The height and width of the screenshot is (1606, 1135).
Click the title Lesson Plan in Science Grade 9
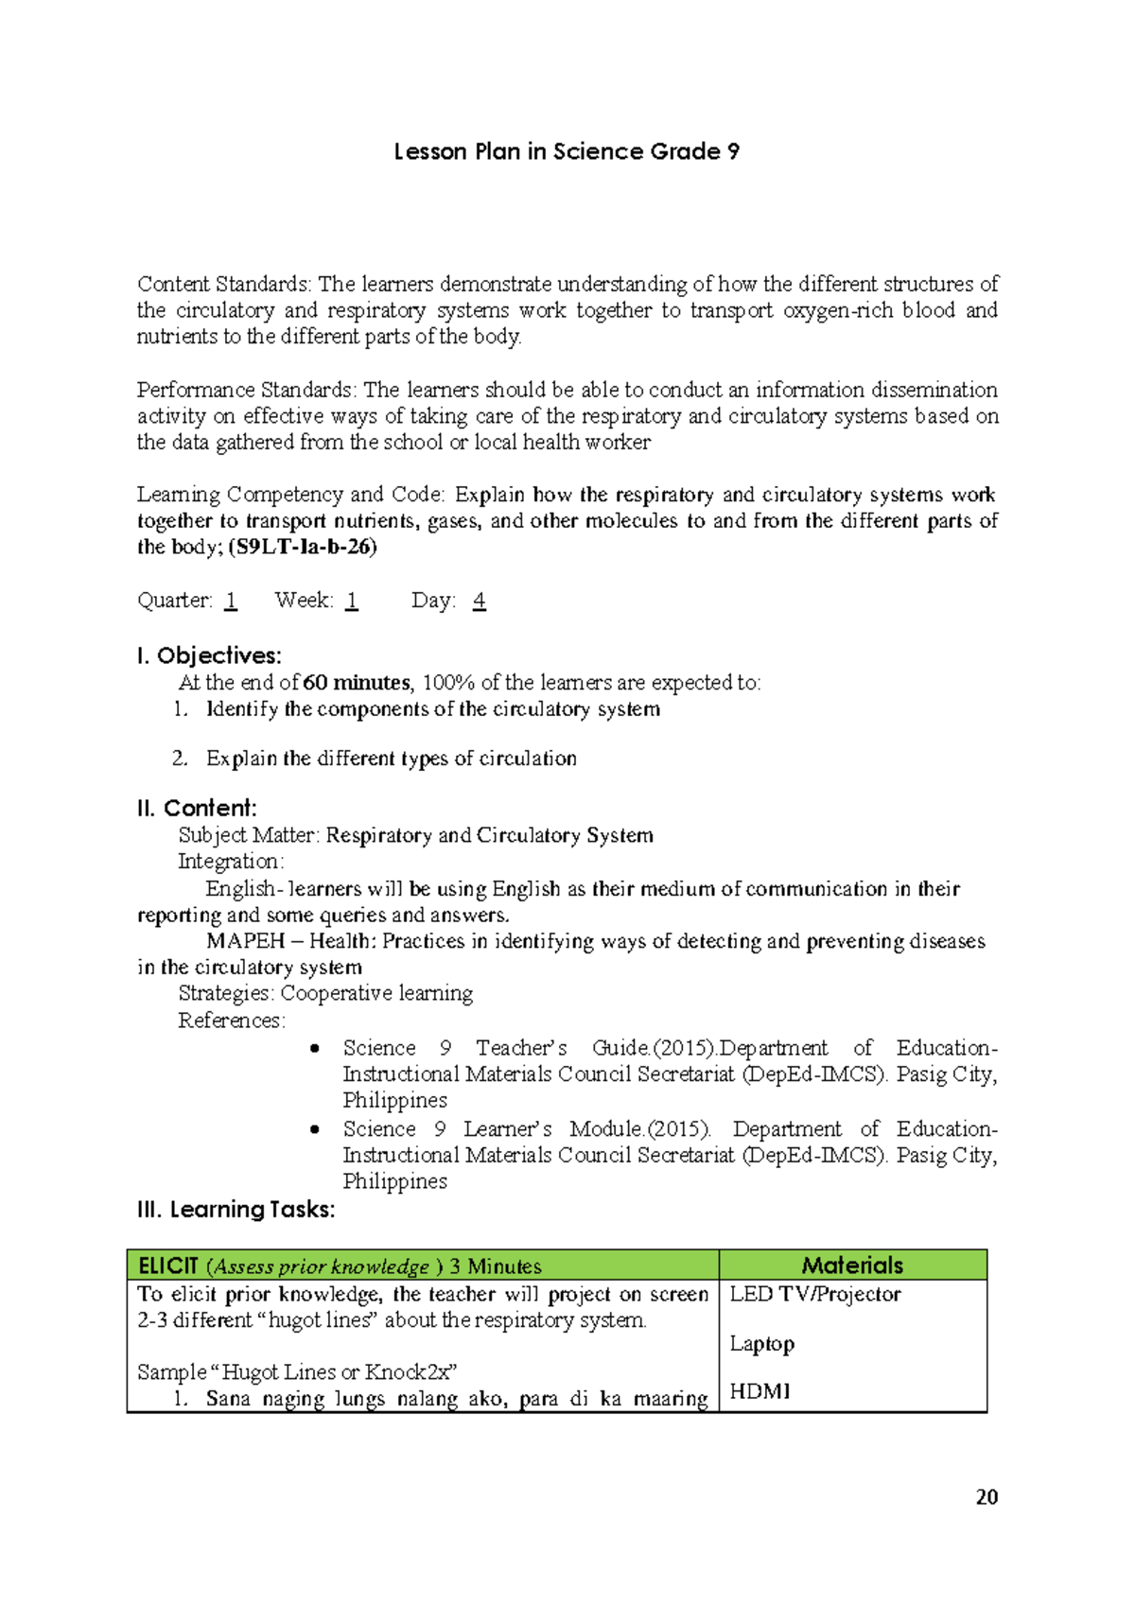(567, 152)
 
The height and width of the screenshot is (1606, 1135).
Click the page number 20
(987, 1497)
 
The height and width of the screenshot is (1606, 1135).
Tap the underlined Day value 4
(480, 601)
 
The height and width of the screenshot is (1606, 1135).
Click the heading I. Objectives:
(209, 655)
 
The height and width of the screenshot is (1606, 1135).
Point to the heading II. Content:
(197, 808)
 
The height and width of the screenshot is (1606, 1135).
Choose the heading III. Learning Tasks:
(236, 1210)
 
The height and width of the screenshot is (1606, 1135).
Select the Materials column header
(852, 1266)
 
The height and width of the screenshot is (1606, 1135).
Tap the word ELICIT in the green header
(168, 1266)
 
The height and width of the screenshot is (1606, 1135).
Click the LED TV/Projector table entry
(814, 1294)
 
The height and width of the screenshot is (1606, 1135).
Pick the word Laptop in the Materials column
(761, 1344)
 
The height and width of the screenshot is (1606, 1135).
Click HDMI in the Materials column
(760, 1391)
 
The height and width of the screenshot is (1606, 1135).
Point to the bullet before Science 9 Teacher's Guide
(315, 1048)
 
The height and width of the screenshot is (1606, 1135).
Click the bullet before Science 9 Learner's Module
(315, 1129)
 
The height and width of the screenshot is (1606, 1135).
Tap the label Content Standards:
(224, 285)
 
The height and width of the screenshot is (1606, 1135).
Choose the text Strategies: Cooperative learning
(325, 993)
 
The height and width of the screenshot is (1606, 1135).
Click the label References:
(232, 1021)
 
